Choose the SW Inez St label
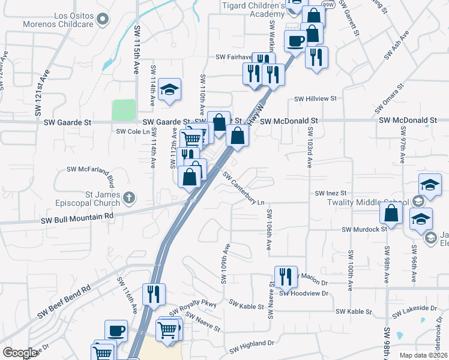(331, 193)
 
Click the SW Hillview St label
(316, 99)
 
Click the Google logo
(20, 353)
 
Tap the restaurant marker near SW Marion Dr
(286, 277)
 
